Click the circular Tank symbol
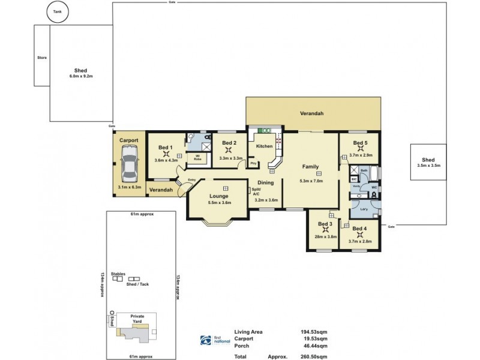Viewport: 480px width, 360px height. (x=58, y=11)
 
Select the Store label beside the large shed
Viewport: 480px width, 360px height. (x=41, y=58)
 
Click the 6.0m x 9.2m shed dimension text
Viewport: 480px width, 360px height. (x=81, y=76)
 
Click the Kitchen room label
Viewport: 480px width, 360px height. (x=264, y=146)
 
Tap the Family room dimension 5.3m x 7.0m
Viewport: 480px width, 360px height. (x=311, y=181)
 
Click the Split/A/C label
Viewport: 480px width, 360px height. (x=256, y=192)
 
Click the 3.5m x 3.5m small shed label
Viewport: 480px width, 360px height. (x=428, y=166)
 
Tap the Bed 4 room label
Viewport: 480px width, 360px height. (x=360, y=229)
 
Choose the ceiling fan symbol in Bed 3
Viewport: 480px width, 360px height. (x=326, y=230)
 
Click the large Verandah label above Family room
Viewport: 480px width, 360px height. (x=312, y=112)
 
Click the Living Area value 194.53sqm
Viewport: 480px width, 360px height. (x=314, y=331)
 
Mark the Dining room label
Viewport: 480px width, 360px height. (x=266, y=183)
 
